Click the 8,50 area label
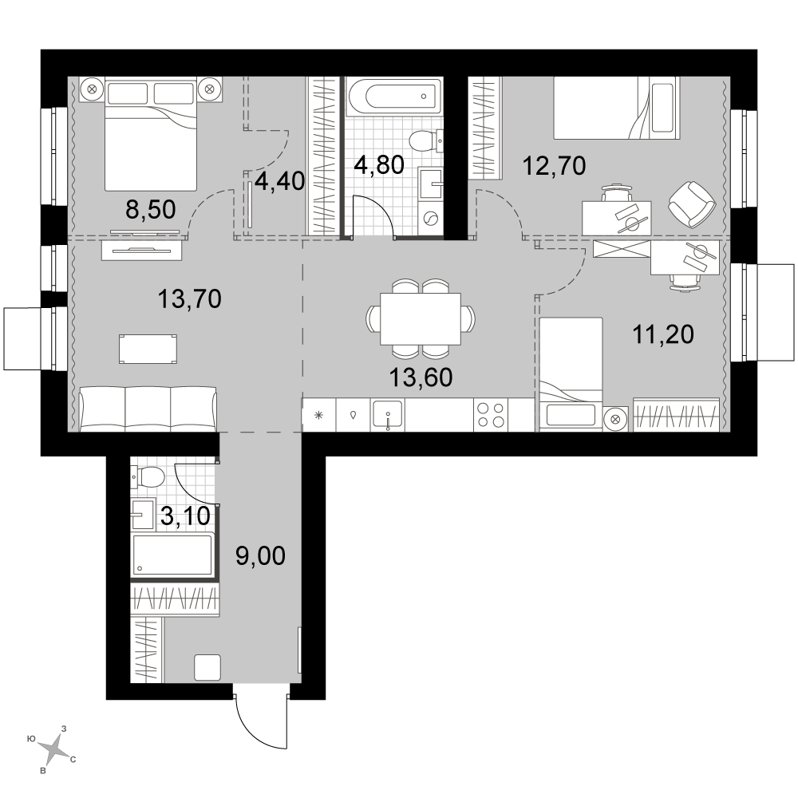click(x=150, y=209)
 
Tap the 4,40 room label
click(x=279, y=180)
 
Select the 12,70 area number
click(x=555, y=166)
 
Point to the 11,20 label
click(x=663, y=335)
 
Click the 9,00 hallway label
click(x=261, y=556)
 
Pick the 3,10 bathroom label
click(x=185, y=516)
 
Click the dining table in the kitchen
click(x=421, y=319)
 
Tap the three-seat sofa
click(x=148, y=409)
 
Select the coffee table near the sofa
click(x=148, y=350)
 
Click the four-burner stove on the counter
click(x=491, y=415)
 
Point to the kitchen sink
click(x=388, y=414)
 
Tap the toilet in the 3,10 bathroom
click(x=147, y=478)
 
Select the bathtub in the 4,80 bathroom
click(x=394, y=96)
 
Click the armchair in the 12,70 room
click(x=692, y=204)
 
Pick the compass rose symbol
click(x=53, y=748)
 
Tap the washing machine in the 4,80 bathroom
click(x=431, y=219)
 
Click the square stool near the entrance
click(x=207, y=667)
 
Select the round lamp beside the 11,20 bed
click(x=615, y=419)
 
